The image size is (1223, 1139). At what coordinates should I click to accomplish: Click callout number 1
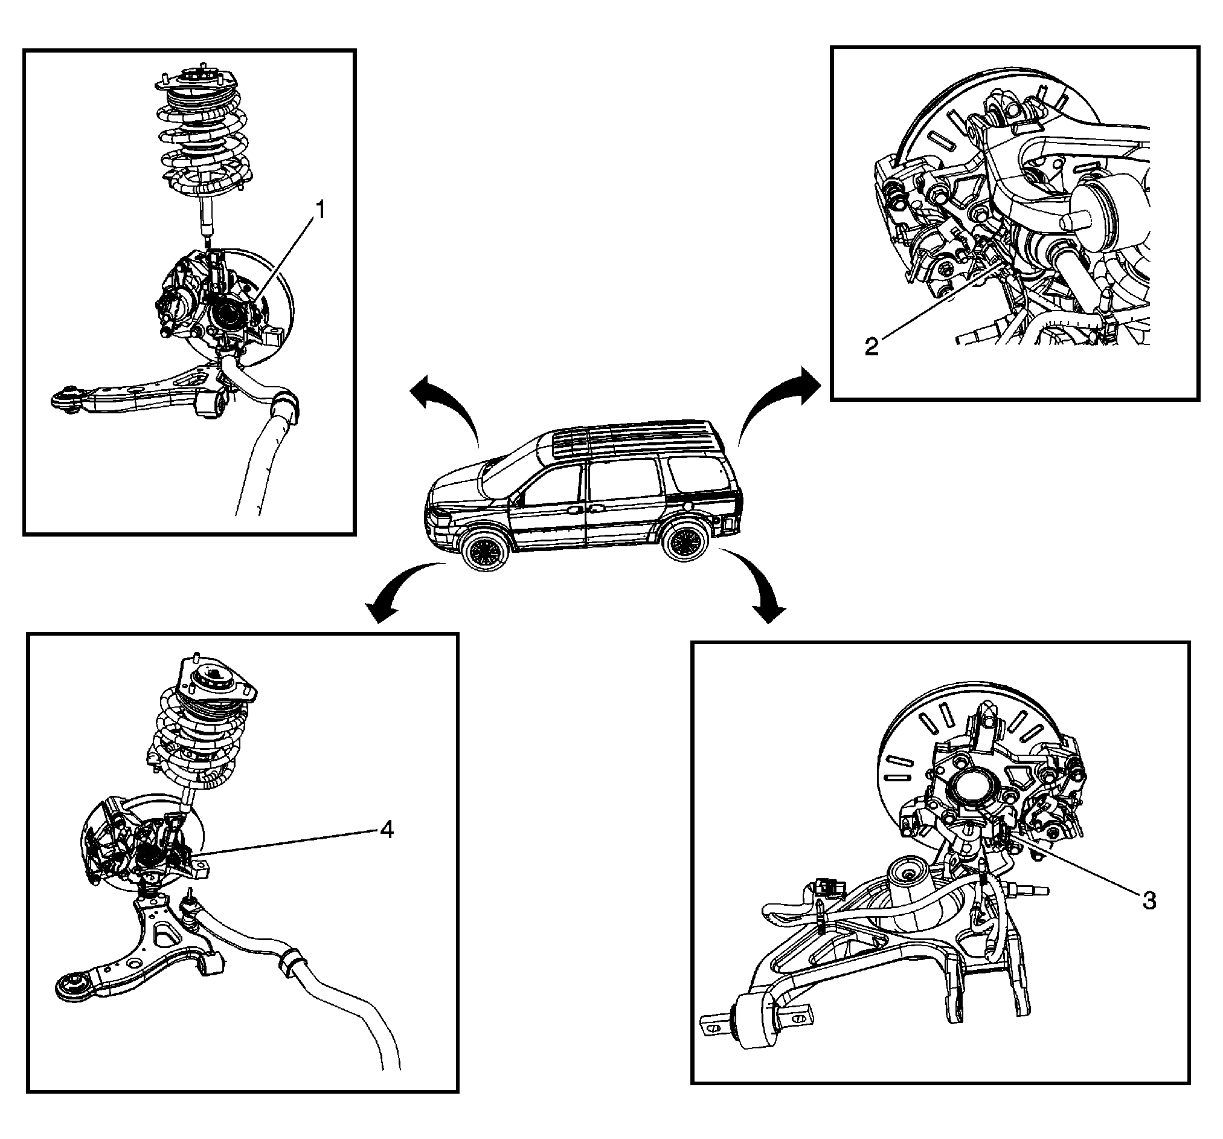click(x=319, y=211)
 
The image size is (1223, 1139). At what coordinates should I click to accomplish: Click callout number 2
click(x=871, y=346)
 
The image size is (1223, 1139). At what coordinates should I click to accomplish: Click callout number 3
click(x=1149, y=900)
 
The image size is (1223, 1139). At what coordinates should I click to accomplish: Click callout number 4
click(x=386, y=830)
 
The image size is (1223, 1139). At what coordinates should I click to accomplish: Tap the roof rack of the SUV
click(x=634, y=437)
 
